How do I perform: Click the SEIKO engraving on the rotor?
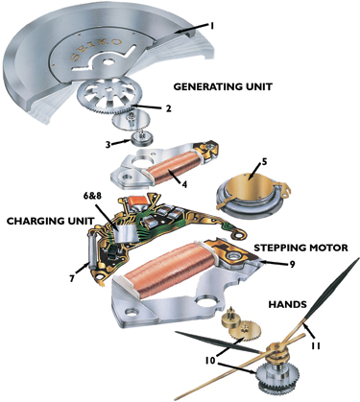[x=95, y=50]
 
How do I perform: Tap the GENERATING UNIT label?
[x=223, y=86]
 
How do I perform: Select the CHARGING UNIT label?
[x=51, y=221]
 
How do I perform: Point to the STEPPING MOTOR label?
[x=300, y=248]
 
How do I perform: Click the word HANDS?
[x=287, y=304]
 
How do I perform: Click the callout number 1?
[x=211, y=26]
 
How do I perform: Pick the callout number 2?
[x=168, y=108]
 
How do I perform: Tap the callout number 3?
[x=108, y=144]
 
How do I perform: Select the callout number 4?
[x=184, y=184]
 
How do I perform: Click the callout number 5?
[x=264, y=162]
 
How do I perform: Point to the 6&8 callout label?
[x=91, y=196]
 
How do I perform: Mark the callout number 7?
[x=72, y=279]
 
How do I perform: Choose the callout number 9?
[x=292, y=264]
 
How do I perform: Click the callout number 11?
[x=316, y=345]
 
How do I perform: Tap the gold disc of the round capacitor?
[x=250, y=186]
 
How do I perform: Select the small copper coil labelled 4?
[x=174, y=167]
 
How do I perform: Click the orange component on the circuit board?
[x=137, y=201]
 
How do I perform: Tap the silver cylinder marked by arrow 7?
[x=91, y=249]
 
